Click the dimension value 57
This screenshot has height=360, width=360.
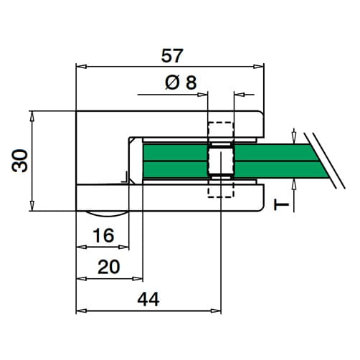click(172, 56)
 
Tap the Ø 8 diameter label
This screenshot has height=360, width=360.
click(181, 82)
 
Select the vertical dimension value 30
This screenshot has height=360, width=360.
click(19, 161)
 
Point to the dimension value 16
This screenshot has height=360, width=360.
click(103, 235)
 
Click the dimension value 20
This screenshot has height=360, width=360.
click(109, 267)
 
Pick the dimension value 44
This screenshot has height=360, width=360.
click(148, 299)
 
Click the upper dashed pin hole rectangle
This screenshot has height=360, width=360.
click(221, 131)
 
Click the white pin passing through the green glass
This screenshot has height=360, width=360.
click(221, 161)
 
